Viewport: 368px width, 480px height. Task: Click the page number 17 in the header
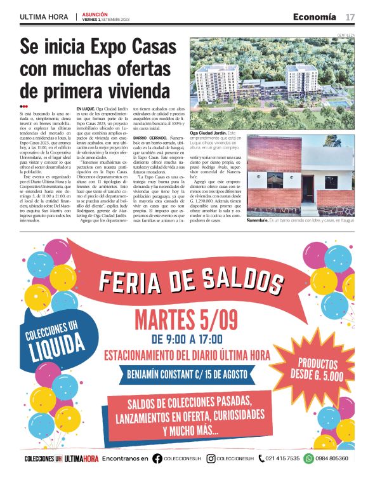click(x=350, y=17)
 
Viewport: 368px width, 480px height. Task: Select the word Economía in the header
click(x=315, y=17)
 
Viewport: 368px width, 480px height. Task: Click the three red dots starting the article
click(x=24, y=106)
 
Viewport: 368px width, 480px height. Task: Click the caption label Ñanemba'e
click(x=261, y=220)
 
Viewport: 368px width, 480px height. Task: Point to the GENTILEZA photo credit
click(x=345, y=35)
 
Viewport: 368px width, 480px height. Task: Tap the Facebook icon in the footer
click(x=157, y=458)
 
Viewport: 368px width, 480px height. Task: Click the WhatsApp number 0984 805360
click(x=332, y=458)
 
